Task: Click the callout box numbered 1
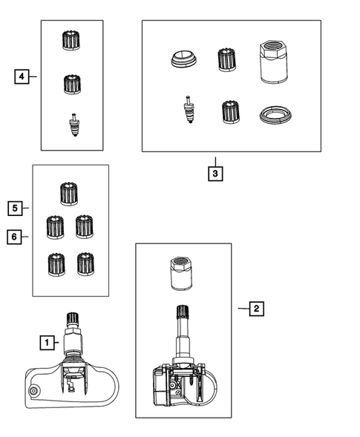(47, 343)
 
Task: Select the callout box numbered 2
(257, 309)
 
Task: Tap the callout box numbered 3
(215, 174)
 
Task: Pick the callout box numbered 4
(22, 76)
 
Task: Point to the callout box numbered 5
(15, 208)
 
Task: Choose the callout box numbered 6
(14, 237)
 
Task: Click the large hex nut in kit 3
(273, 62)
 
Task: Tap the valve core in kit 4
(74, 125)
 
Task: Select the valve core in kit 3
(189, 110)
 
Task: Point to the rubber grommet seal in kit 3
(183, 59)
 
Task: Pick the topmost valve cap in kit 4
(71, 40)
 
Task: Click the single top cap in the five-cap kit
(69, 194)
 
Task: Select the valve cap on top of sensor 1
(73, 319)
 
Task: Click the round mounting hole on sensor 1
(33, 391)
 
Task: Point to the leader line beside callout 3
(215, 162)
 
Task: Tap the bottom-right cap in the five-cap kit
(85, 264)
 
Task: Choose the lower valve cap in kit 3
(231, 112)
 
